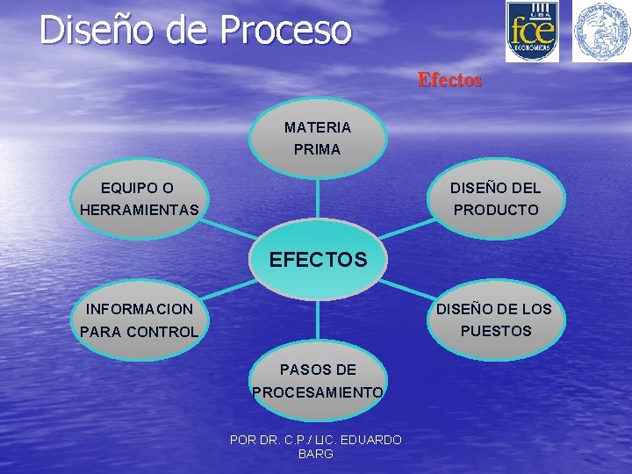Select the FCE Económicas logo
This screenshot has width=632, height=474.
coord(531,31)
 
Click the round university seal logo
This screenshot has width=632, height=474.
coord(601,31)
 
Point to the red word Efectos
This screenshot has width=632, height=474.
coord(449,80)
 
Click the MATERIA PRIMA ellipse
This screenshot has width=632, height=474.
coord(317,138)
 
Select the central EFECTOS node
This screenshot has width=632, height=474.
coord(318,260)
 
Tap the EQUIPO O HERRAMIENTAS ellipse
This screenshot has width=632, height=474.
coord(139,199)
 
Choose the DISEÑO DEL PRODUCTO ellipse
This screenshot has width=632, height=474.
coord(496,199)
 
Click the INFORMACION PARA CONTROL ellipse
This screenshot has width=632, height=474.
coord(139,320)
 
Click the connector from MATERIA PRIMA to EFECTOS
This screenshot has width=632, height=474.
coord(317,197)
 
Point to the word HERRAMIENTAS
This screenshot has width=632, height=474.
coord(139,211)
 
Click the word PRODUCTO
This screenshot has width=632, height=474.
coord(496,211)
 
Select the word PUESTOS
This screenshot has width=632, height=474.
coord(496,331)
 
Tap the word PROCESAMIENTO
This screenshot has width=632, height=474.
coord(317,392)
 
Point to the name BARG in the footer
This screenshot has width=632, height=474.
coord(316,454)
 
